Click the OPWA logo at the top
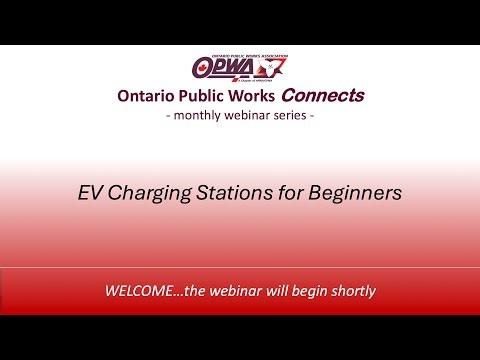coord(240,68)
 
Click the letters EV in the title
coord(90,193)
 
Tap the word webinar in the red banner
coord(225,292)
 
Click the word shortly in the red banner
coord(349,293)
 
